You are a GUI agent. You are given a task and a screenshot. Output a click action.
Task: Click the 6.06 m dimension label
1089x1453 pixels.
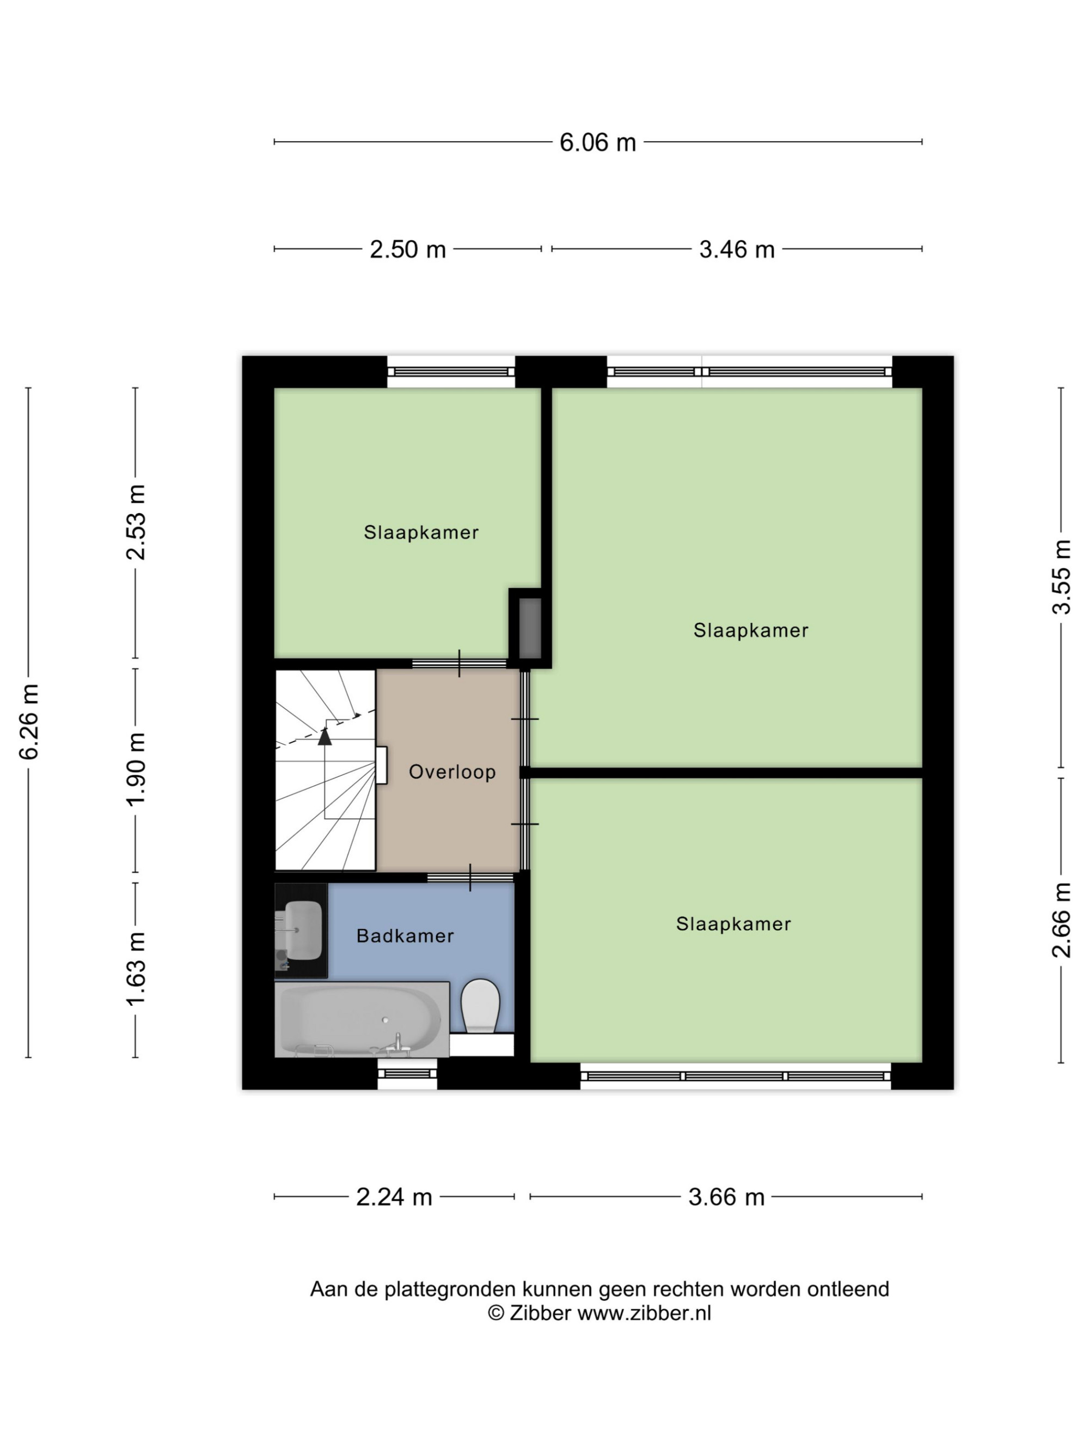(597, 143)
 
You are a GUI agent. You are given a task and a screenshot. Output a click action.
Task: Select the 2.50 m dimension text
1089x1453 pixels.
(408, 250)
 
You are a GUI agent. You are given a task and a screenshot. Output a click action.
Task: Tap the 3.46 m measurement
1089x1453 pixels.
(737, 250)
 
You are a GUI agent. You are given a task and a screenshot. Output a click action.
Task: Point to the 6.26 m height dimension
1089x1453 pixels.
(29, 722)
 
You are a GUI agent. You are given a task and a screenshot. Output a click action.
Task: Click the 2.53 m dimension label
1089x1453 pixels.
(136, 522)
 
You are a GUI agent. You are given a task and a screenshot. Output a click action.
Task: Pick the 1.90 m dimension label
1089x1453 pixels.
(136, 769)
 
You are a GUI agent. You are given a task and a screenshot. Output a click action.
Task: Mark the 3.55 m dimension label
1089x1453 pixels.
(1061, 577)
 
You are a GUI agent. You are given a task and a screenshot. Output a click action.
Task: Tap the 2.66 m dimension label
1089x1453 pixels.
(1061, 920)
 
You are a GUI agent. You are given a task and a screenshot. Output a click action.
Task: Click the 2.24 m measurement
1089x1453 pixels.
(394, 1197)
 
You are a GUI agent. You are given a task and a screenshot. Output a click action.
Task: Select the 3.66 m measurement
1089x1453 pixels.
(726, 1197)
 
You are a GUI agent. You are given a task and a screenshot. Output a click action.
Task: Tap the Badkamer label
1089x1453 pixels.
(405, 936)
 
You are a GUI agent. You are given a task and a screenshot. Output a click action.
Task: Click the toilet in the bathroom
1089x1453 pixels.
(480, 1006)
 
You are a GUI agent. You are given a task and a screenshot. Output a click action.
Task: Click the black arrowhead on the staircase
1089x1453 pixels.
(325, 737)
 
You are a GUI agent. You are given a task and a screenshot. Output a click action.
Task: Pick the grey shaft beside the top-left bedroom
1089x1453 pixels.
(530, 628)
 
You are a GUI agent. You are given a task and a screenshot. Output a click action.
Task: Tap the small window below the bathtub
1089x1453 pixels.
(407, 1074)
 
